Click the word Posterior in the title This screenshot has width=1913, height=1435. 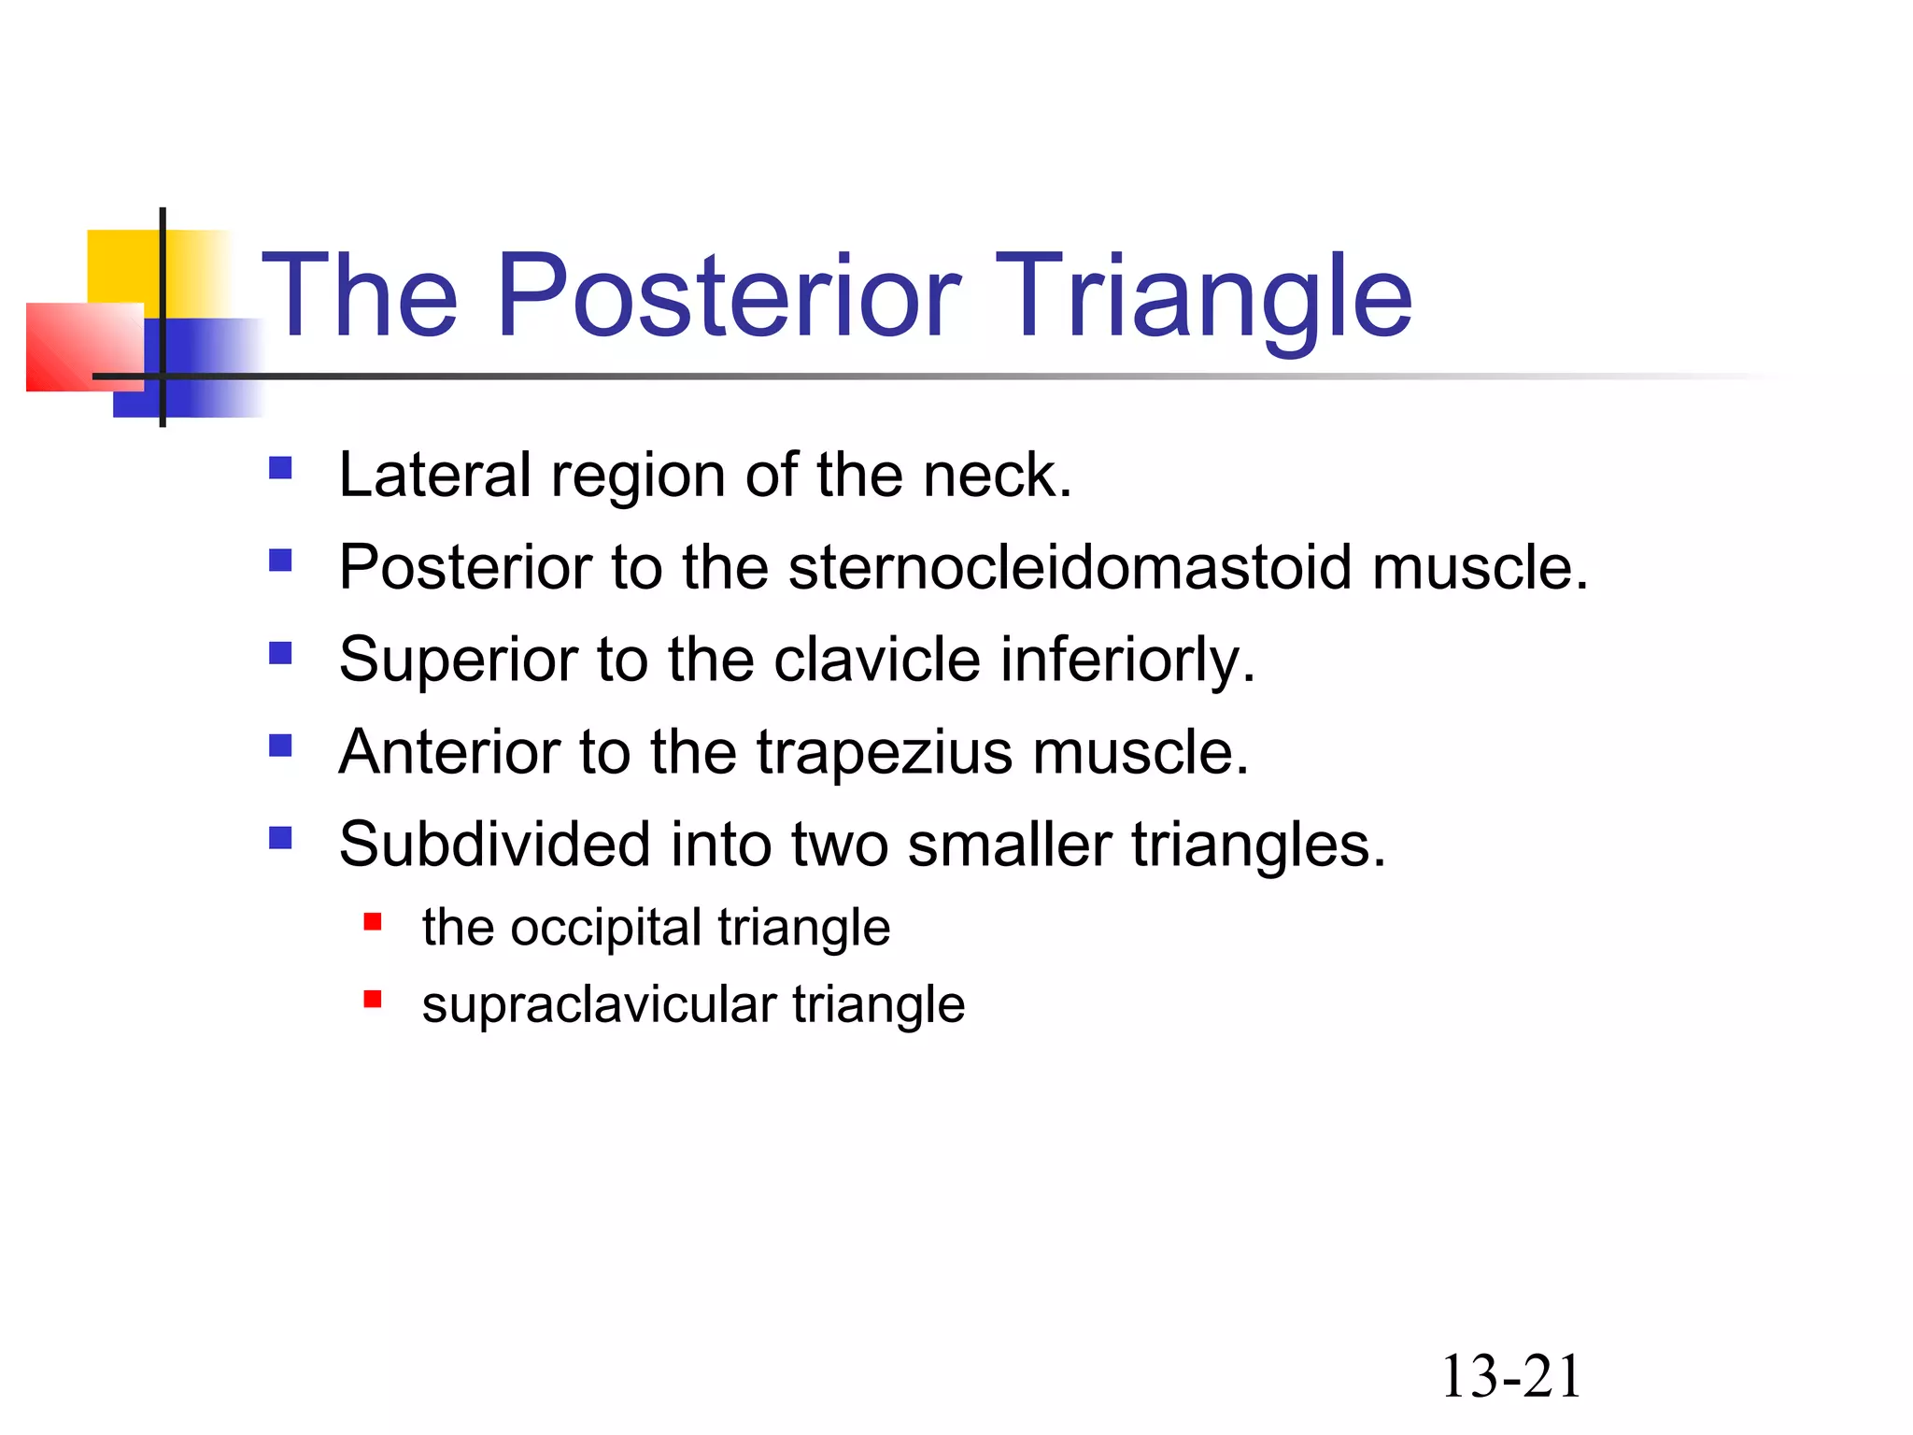click(x=729, y=297)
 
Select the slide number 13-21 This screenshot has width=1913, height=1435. click(x=1510, y=1376)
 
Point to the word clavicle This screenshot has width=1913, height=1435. click(x=877, y=660)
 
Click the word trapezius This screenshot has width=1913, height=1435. click(x=884, y=752)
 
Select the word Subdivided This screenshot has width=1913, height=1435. click(x=494, y=844)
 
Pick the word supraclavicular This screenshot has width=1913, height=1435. click(x=599, y=1005)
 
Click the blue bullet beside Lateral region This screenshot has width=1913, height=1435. click(x=280, y=467)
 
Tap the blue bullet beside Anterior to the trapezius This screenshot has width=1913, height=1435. click(x=280, y=745)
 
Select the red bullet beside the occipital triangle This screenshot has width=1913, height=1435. click(x=373, y=923)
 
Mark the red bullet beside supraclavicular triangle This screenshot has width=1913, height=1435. click(x=373, y=1000)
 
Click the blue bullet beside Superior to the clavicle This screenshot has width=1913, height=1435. click(x=280, y=652)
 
